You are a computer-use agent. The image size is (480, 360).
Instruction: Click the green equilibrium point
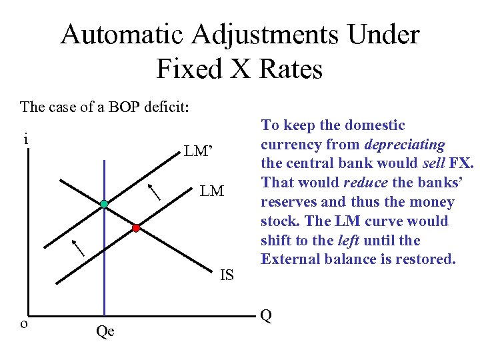(105, 203)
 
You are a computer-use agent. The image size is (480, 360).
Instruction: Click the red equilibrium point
(136, 228)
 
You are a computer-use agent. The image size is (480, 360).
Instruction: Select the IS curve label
(227, 275)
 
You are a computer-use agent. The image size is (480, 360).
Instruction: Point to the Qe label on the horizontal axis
(105, 331)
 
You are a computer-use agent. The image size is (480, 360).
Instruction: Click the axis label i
(25, 140)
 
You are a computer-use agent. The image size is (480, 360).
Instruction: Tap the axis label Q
(266, 315)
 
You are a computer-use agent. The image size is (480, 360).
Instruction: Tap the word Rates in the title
(289, 69)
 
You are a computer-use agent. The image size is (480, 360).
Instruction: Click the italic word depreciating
(404, 144)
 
